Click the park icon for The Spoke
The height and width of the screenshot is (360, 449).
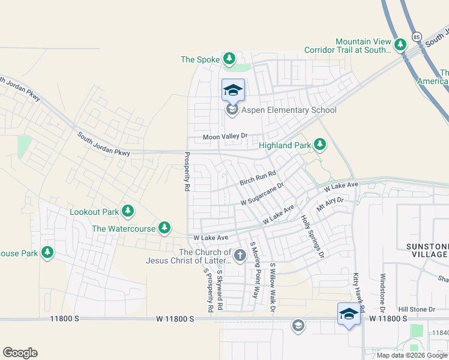[x=229, y=59]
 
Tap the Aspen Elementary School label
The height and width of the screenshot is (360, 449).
[x=289, y=110]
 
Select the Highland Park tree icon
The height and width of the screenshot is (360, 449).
[x=320, y=145]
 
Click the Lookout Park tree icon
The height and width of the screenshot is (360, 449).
[x=127, y=211]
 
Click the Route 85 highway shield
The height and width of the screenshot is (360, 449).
[x=417, y=37]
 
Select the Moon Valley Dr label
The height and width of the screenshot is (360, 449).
[x=225, y=137]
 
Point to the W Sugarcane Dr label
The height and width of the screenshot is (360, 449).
[x=262, y=196]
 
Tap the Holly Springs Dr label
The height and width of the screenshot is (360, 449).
[x=312, y=236]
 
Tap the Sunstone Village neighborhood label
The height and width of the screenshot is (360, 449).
[x=426, y=250]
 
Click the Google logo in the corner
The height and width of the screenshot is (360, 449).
[x=20, y=353]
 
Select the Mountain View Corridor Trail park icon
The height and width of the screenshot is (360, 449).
[x=400, y=44]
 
